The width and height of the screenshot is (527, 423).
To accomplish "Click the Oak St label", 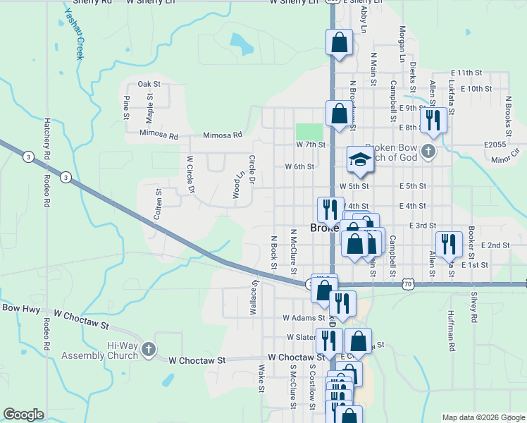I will (149, 84).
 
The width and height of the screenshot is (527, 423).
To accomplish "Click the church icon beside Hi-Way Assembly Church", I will (148, 348).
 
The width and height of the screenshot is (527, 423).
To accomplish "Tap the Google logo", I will (23, 415).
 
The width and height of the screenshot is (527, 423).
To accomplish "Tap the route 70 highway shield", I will (407, 283).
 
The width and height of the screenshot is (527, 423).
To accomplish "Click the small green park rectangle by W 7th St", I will (309, 132).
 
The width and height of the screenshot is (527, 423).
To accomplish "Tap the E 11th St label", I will (466, 73).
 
